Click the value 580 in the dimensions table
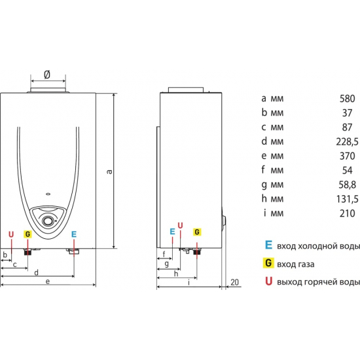click(x=347, y=98)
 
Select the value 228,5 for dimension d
click(x=347, y=142)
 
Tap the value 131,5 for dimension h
click(x=347, y=199)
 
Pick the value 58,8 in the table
click(x=348, y=185)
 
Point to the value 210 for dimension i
click(x=347, y=213)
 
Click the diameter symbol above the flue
click(x=47, y=75)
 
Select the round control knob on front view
click(x=48, y=221)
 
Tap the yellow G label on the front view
click(x=27, y=234)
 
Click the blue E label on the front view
click(x=74, y=234)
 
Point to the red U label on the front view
click(x=11, y=234)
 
